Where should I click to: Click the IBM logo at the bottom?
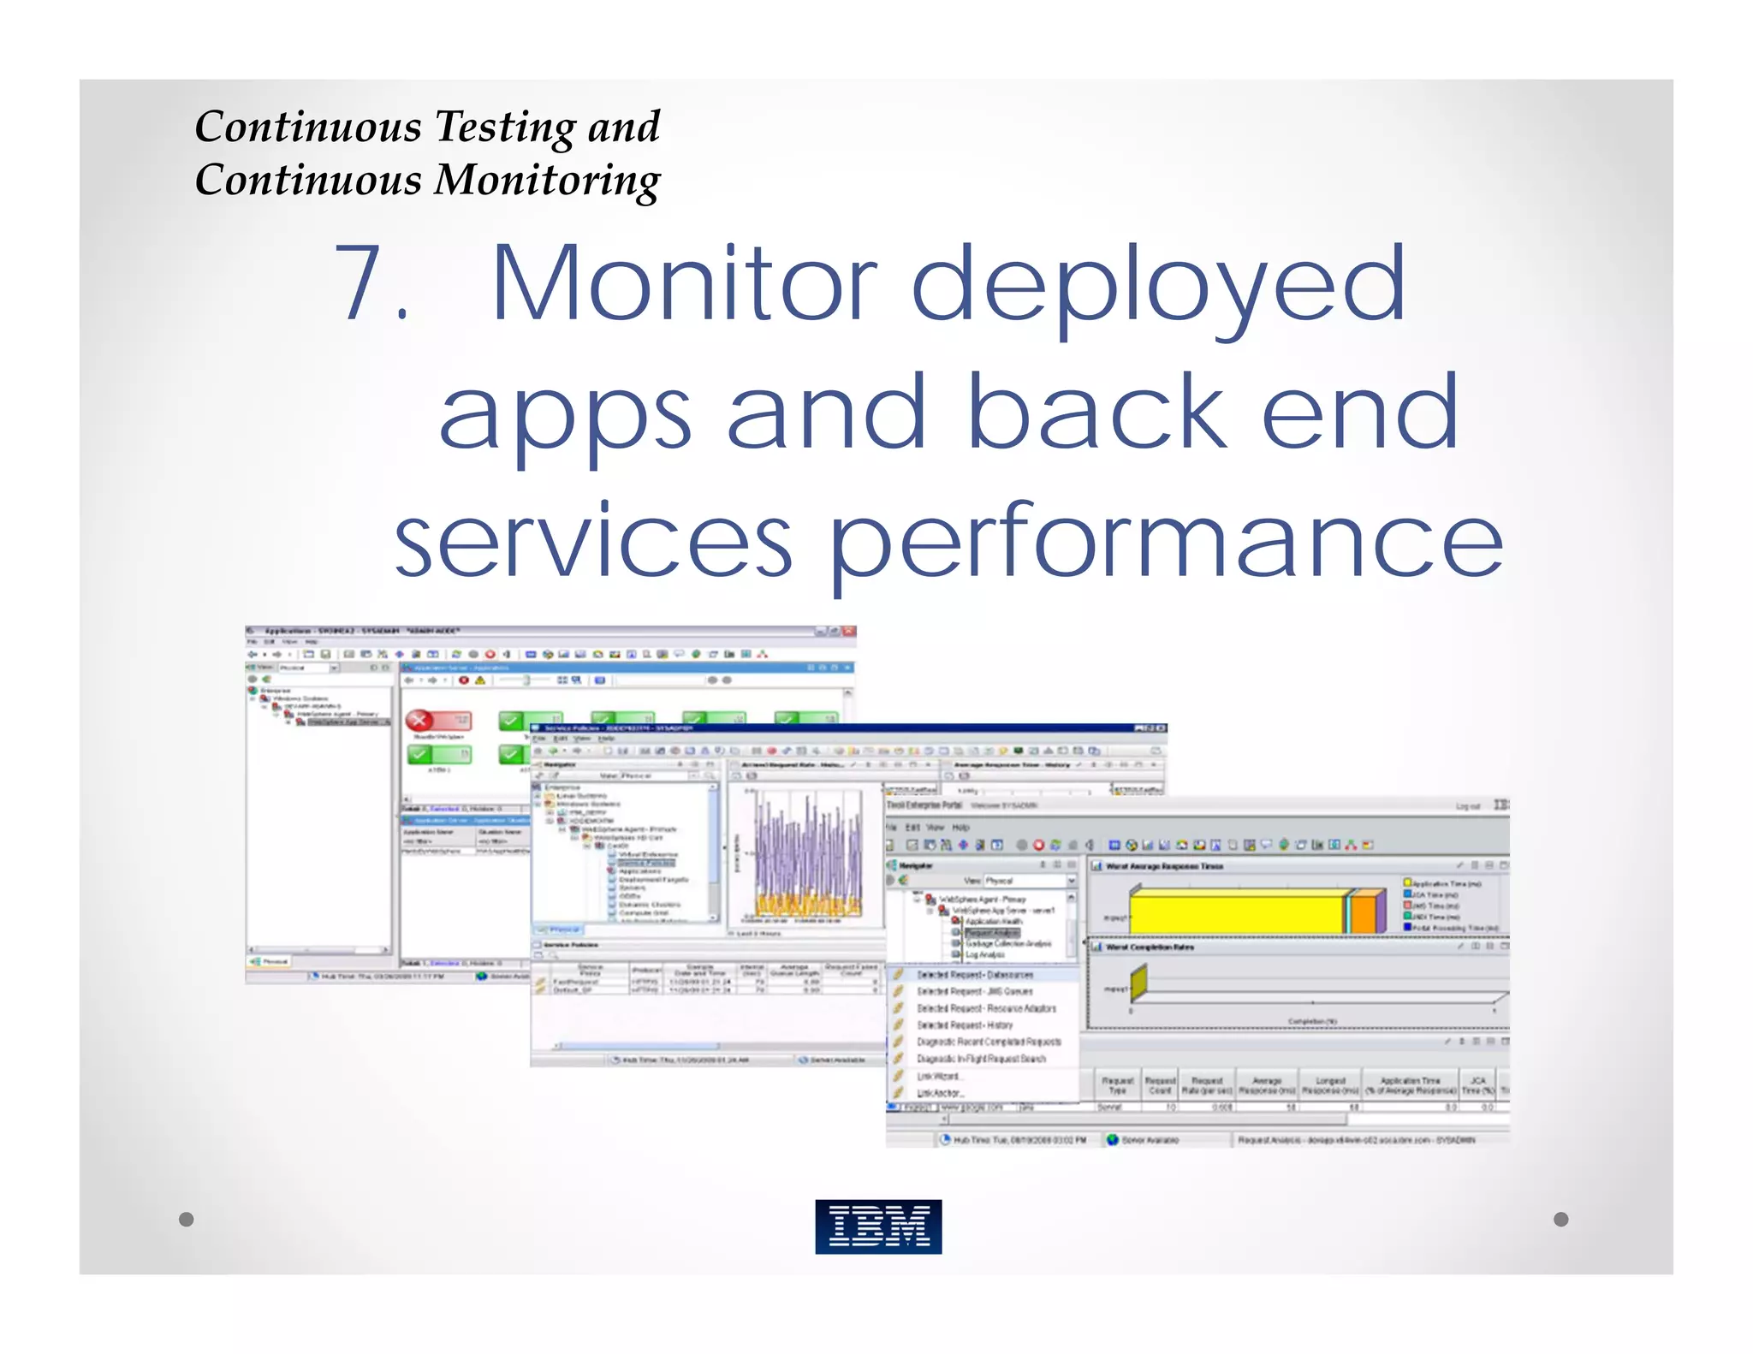pos(878,1226)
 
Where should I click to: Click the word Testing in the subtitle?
pos(506,128)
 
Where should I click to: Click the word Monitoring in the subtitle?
pos(547,181)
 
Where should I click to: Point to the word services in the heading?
pos(593,541)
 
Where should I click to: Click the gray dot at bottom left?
pos(187,1219)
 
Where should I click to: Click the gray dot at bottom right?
pos(1560,1219)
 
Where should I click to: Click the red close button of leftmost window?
pos(848,632)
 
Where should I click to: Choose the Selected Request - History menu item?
pos(965,1024)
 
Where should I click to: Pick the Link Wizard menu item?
pos(939,1076)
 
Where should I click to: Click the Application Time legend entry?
pos(1447,882)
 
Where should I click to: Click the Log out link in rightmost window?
pos(1467,806)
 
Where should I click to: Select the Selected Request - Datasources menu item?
pos(975,975)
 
